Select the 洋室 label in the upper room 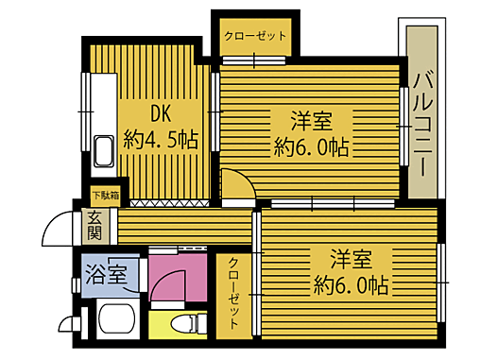click(311, 121)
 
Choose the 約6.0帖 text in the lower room click(351, 284)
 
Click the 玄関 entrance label click(95, 224)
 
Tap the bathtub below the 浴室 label click(107, 326)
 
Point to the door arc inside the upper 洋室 click(237, 182)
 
